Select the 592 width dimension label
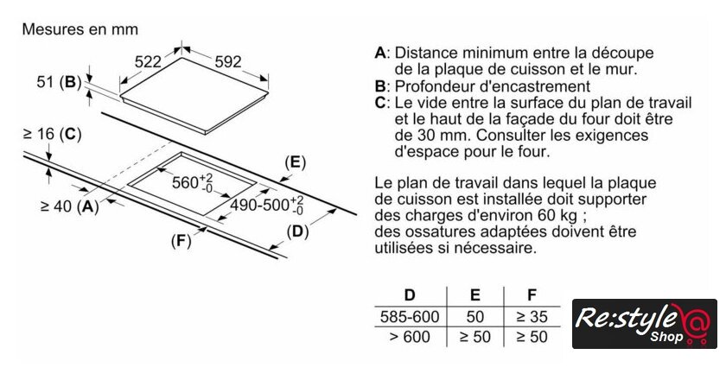click(227, 61)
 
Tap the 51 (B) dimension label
click(59, 83)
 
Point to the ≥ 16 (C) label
click(52, 134)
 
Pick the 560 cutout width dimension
click(191, 182)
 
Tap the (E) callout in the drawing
click(296, 162)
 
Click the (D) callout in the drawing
click(297, 231)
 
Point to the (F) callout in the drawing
click(180, 241)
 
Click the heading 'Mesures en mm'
click(80, 29)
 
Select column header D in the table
click(411, 294)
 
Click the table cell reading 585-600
click(411, 316)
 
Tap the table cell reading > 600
click(411, 337)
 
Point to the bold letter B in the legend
click(379, 86)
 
